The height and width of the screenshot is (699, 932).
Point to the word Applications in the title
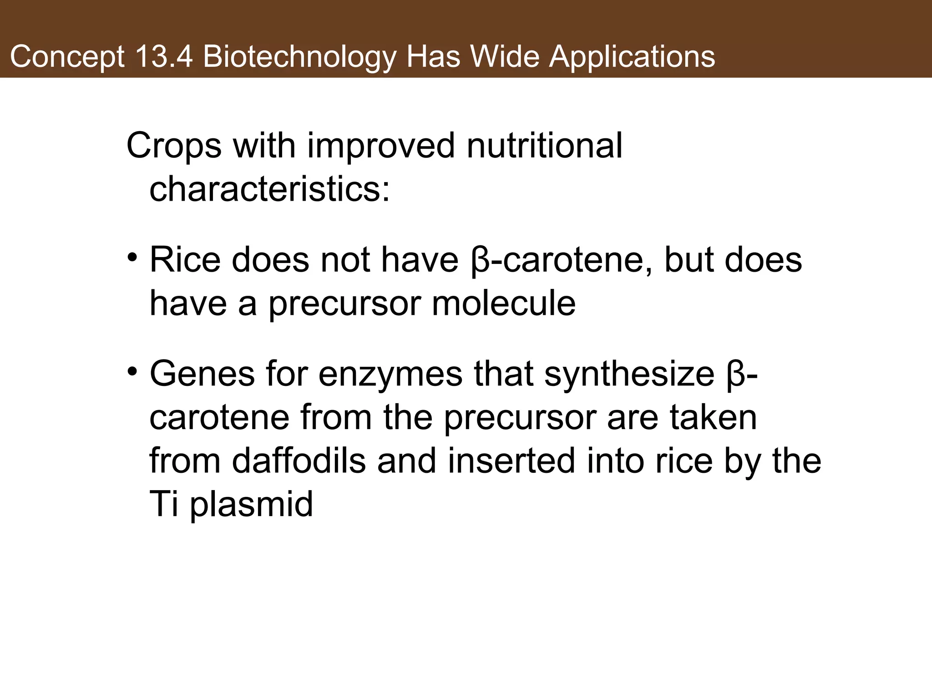pos(632,57)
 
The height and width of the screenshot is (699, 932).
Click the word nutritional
pos(545,146)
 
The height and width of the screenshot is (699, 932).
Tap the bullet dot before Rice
pos(132,258)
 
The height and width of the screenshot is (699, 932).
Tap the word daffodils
pos(299,461)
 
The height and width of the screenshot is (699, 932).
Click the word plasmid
pos(251,504)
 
